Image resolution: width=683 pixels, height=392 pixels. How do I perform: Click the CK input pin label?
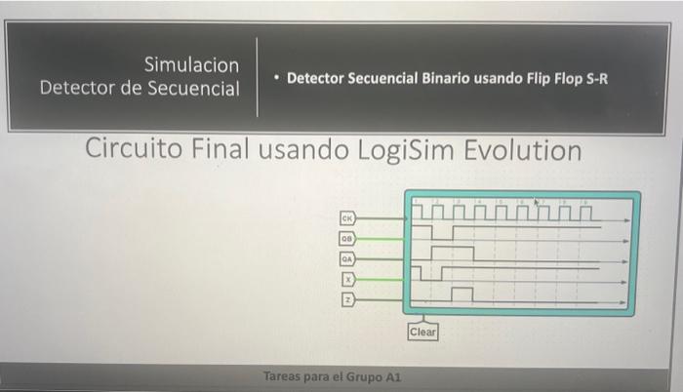tap(346, 217)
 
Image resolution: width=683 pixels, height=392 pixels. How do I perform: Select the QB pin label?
tap(346, 238)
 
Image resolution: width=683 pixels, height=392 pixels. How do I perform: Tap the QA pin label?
tap(346, 258)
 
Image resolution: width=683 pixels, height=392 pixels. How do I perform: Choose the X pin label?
tap(346, 278)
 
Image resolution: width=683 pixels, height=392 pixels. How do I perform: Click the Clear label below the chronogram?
tap(423, 332)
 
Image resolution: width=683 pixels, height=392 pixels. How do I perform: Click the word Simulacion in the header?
tap(191, 65)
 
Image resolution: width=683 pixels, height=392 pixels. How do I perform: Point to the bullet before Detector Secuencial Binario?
tap(276, 77)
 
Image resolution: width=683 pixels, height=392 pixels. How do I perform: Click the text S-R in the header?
tap(594, 77)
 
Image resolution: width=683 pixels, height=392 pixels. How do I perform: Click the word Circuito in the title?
tap(130, 151)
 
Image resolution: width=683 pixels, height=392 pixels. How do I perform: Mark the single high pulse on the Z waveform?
tap(462, 293)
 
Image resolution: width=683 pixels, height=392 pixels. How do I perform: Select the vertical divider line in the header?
tap(258, 77)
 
